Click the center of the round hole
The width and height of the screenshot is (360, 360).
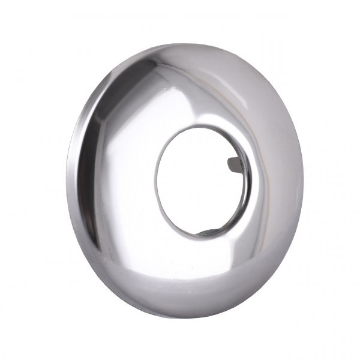202,180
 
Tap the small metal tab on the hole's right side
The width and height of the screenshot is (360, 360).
236,163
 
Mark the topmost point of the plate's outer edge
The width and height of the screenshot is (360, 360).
180,43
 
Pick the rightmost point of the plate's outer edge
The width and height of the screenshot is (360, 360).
304,180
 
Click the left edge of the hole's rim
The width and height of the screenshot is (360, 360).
157,180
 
